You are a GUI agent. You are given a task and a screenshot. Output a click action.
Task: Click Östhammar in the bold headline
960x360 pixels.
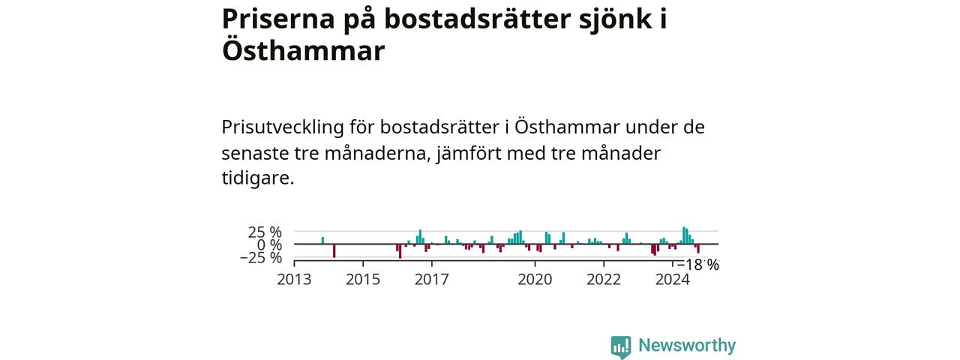[303, 51]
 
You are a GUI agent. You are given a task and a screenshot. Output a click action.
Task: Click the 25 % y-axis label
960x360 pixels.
[265, 232]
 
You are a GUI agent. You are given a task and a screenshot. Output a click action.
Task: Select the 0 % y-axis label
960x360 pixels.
[269, 244]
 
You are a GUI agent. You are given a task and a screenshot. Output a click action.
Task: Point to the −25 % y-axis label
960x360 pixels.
[260, 257]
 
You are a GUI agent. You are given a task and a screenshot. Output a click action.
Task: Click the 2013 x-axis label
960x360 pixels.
[294, 280]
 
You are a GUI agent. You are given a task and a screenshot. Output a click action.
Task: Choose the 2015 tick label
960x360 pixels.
[363, 280]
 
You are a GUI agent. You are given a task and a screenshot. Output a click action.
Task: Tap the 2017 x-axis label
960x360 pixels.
[432, 280]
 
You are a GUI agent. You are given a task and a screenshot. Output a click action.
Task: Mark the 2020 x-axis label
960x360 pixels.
[535, 280]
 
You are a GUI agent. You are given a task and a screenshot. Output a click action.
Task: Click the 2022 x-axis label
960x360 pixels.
[604, 280]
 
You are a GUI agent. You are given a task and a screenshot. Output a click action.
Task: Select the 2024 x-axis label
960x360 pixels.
[673, 280]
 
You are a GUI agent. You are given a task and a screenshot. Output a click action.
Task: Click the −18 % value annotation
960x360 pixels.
[697, 265]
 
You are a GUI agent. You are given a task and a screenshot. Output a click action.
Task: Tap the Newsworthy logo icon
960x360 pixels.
[620, 346]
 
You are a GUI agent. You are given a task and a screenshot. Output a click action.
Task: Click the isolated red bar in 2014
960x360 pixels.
[334, 250]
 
